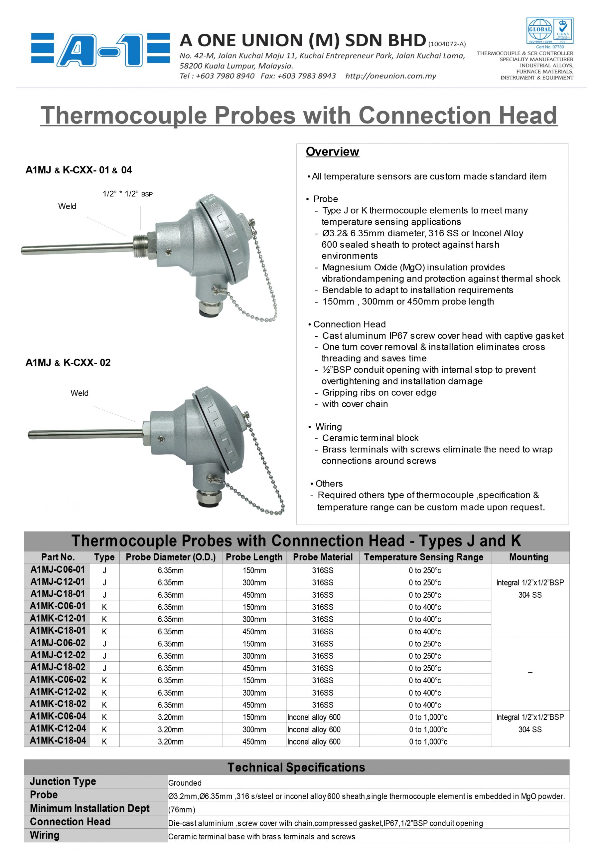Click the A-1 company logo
pos(100,50)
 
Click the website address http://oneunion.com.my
pos(390,76)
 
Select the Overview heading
pos(332,151)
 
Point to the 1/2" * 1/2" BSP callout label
pos(128,194)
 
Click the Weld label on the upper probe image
pos(67,206)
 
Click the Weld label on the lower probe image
pos(79,393)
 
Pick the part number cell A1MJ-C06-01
pos(58,569)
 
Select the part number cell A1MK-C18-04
pos(58,740)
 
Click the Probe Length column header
pos(254,557)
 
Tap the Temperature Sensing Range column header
pos(424,557)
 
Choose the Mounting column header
pos(528,557)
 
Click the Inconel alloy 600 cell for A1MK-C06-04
pos(314,717)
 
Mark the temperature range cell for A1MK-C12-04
pos(428,729)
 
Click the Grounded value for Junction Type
pos(185,782)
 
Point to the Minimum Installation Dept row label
pos(90,808)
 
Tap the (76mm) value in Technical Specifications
pos(182,809)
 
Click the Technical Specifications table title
pos(296,767)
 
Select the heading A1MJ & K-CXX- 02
pos(68,362)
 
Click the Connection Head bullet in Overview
pos(349,324)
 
